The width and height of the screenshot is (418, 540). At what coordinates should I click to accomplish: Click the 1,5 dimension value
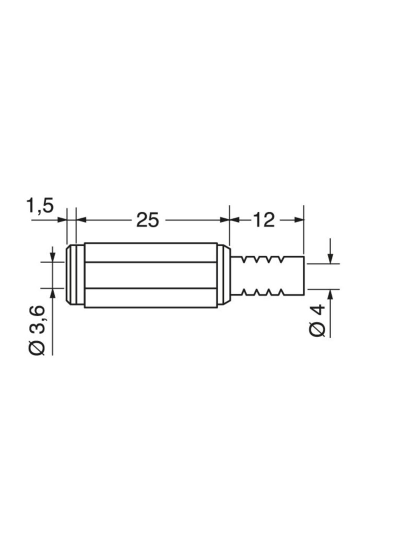[x=40, y=205]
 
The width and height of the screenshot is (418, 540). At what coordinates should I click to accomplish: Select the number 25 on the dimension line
[x=147, y=220]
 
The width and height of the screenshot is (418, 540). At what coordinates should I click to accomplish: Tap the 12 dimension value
[x=264, y=220]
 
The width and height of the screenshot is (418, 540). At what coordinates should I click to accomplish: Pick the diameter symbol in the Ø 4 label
[x=318, y=329]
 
